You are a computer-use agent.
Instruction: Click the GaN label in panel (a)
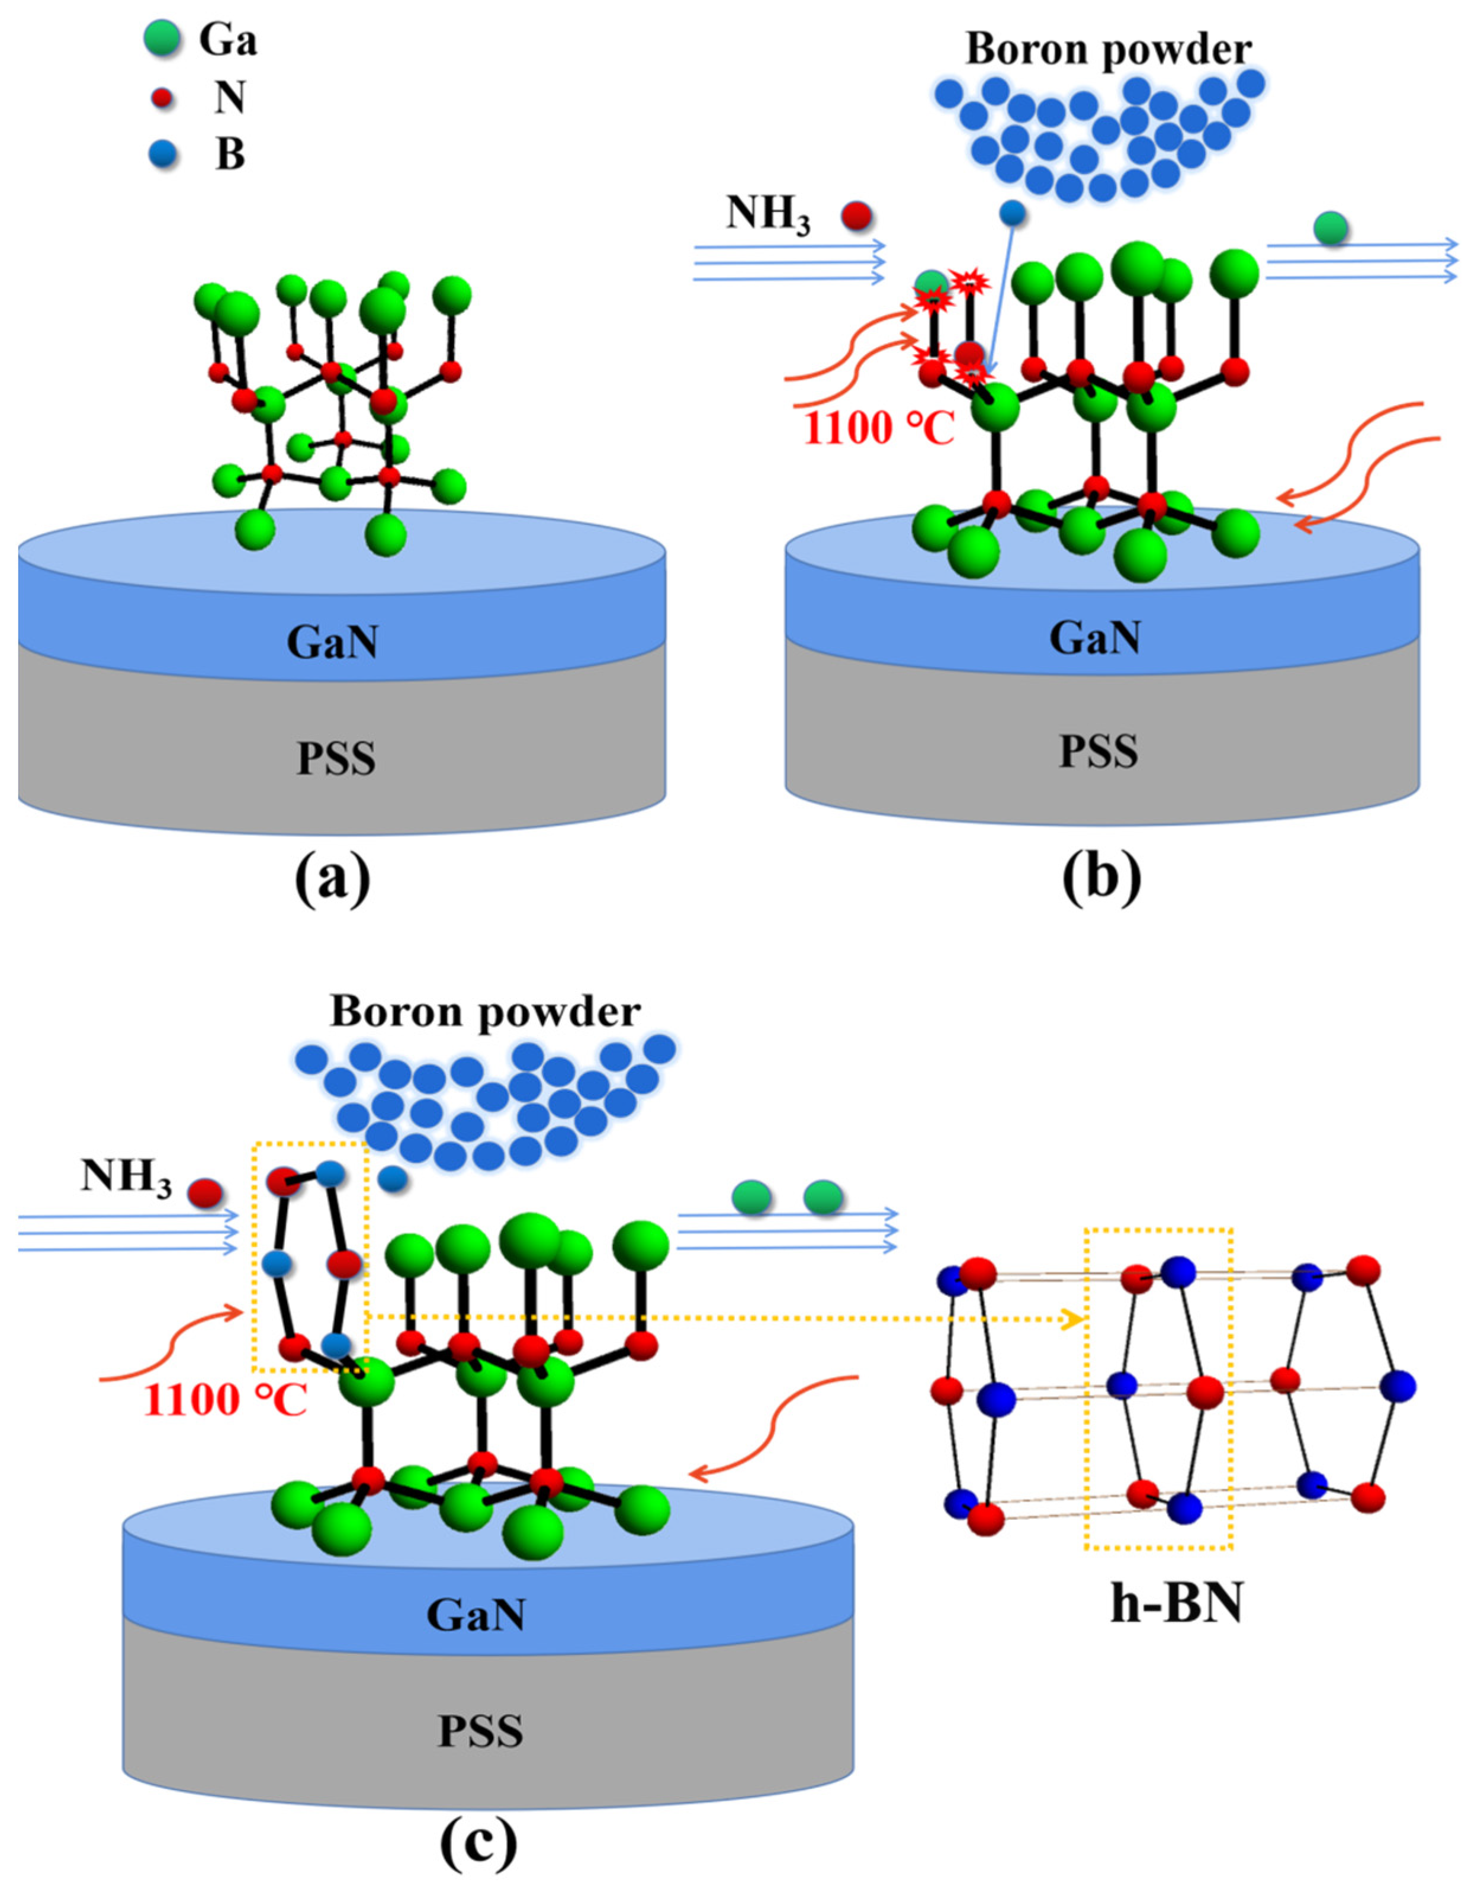pos(332,643)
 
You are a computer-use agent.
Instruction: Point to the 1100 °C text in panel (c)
pos(226,1400)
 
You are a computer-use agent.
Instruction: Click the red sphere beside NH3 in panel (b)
pos(857,216)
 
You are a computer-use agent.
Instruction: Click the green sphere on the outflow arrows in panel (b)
pos(1331,229)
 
